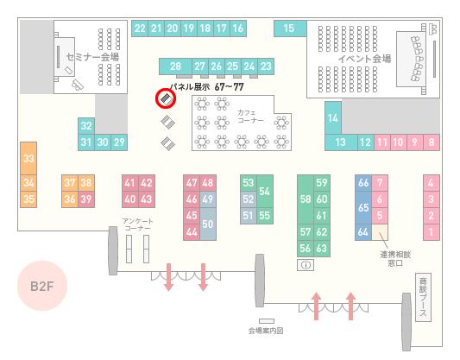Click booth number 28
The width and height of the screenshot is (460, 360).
point(175,66)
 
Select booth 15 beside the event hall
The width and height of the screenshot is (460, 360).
point(290,28)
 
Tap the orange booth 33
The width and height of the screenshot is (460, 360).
point(28,159)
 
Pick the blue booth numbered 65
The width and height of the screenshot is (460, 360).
point(363,207)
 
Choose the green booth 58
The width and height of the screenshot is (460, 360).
point(306,199)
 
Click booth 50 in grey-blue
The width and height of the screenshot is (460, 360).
point(208,224)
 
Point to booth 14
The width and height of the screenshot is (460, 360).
point(333,118)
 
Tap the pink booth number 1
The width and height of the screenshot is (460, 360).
point(432,232)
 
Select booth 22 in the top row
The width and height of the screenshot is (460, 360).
point(140,28)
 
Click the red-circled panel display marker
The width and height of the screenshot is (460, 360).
point(166,98)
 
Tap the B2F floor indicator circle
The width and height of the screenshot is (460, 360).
point(42,286)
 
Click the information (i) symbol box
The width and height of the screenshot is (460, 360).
point(306,265)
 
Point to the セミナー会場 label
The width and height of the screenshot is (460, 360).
point(92,57)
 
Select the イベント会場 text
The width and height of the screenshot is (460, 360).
point(364,59)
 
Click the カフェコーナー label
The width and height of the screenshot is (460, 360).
point(250,117)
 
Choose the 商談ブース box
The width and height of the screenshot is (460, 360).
point(423,297)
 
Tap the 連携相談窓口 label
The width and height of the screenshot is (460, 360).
point(395,259)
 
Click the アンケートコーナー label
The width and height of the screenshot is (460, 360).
point(137,224)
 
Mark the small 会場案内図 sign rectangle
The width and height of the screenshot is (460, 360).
point(267,321)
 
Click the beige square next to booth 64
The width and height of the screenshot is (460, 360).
point(380,232)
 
